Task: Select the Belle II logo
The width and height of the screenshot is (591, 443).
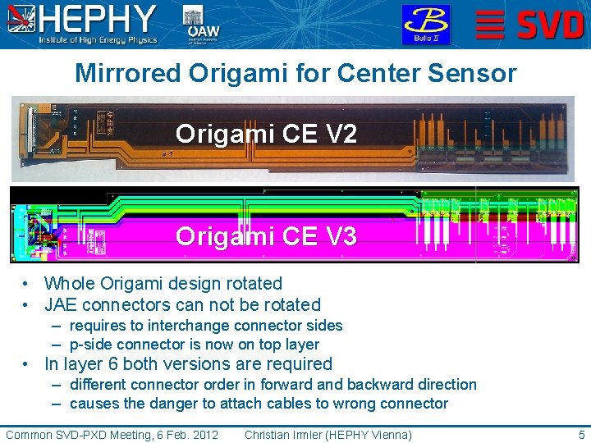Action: click(x=425, y=25)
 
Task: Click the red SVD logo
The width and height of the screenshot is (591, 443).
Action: click(x=529, y=25)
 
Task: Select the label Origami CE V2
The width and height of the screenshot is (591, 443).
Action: click(x=266, y=134)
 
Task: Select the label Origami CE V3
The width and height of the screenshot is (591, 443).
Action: click(x=266, y=237)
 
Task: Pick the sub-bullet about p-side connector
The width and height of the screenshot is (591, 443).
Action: click(x=194, y=345)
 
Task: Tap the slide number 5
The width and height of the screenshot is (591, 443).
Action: click(x=581, y=434)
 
